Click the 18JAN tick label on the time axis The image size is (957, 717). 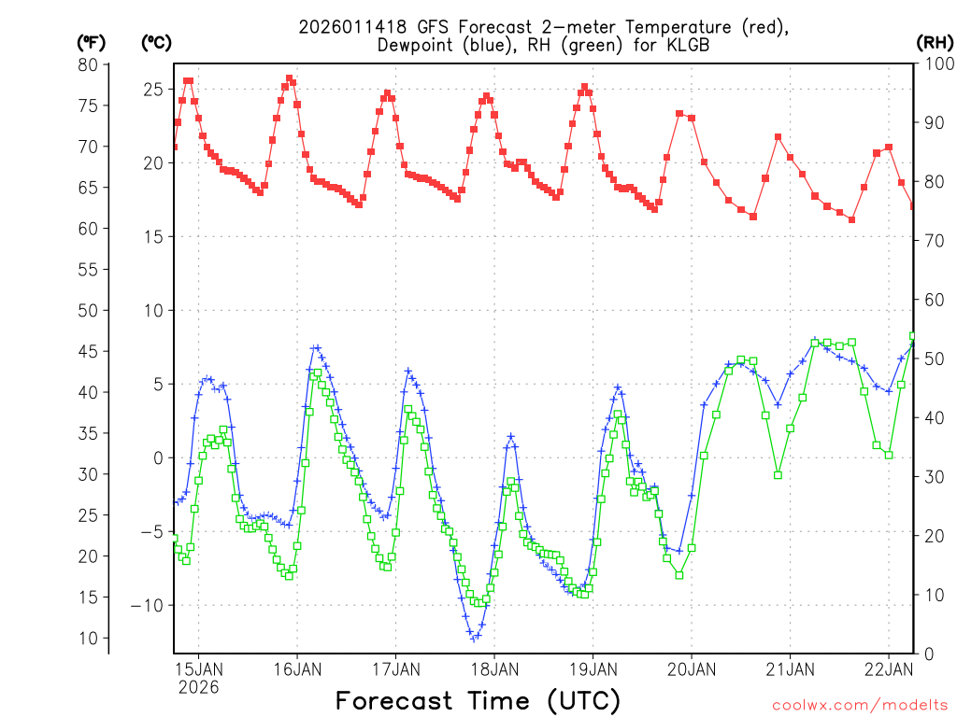[x=493, y=668]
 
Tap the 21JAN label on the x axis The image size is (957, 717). [x=789, y=668]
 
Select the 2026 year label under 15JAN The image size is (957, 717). [x=199, y=687]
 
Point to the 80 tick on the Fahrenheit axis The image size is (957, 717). [x=88, y=64]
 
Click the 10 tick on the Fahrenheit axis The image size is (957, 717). [x=88, y=639]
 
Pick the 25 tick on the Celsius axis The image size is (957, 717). [x=153, y=90]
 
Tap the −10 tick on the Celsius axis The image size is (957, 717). [x=146, y=606]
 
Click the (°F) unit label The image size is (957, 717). [x=91, y=42]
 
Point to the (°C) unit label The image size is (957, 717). [x=155, y=42]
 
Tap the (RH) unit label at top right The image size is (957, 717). [x=934, y=42]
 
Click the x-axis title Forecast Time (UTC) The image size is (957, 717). [x=478, y=700]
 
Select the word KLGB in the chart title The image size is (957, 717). [x=669, y=45]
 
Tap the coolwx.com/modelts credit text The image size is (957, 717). [x=859, y=705]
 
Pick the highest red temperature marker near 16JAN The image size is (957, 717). [x=289, y=78]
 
